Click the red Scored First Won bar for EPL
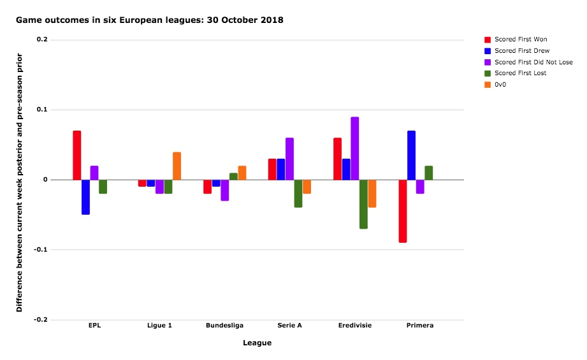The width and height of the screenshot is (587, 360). coord(76,155)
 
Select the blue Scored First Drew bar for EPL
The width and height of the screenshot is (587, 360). coord(86,198)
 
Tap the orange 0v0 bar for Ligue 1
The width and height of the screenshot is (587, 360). coord(177,166)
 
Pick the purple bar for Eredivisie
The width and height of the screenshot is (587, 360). coord(354,148)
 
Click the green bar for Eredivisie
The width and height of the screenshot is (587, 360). coord(363,205)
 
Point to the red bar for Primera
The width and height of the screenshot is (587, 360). coord(403,212)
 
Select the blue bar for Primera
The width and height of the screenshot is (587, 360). coord(412,155)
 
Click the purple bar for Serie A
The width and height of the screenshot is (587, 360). coord(289,159)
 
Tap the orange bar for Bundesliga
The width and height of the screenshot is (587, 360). coord(242,173)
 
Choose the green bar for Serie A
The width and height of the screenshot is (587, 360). coord(298,194)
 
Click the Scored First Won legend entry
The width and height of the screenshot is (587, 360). coord(516,40)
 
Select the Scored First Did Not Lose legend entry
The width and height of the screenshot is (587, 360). coord(528,62)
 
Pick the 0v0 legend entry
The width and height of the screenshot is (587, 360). coord(495,85)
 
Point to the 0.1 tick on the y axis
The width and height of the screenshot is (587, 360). coord(42,110)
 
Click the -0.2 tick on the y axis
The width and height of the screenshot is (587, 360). coord(40,320)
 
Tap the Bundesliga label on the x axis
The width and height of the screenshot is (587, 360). coord(224,325)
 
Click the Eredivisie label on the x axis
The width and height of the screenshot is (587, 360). coord(355,325)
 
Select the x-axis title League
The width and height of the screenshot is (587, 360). coord(257,343)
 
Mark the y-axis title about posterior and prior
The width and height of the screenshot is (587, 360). coord(19,183)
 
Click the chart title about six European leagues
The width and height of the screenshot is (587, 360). coord(149,20)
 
